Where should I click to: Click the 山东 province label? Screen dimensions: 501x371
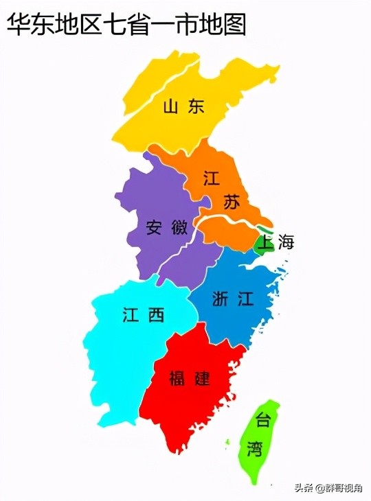(183, 106)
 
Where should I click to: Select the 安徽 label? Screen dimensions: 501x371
(162, 226)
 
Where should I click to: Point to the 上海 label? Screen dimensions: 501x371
(274, 242)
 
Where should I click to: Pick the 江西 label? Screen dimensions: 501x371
(144, 315)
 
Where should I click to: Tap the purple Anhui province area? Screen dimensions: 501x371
(148, 199)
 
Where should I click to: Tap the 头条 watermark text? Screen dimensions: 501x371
(304, 488)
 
